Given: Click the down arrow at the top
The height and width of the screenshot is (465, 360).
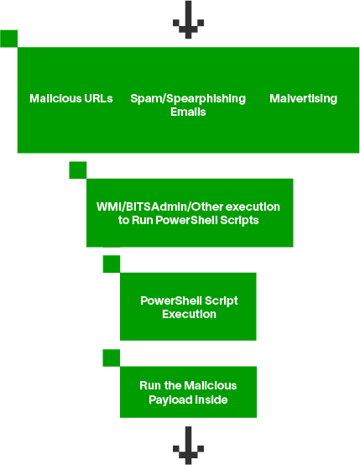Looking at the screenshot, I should pos(188,20).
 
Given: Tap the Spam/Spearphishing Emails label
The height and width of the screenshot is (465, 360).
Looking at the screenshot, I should pos(188,105).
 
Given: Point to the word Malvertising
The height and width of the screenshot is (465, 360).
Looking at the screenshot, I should pos(303,98).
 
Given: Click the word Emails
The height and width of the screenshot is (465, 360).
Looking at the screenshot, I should pos(188,112).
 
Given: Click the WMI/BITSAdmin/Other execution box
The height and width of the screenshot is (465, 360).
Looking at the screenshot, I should pos(189,213).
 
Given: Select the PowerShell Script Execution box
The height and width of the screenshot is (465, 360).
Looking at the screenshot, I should pos(189,307).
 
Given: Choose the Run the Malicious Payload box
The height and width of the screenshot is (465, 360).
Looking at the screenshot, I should pos(189,392).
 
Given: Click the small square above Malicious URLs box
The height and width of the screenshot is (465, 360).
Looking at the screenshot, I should pos(9,39).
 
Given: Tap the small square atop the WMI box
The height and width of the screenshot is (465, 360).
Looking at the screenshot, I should pos(77,170).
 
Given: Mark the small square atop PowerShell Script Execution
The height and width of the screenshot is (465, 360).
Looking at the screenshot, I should pos(112,264).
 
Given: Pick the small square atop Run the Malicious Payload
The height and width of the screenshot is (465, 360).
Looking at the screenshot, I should pos(112,358).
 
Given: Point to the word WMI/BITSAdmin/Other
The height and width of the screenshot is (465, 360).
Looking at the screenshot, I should pos(166,206).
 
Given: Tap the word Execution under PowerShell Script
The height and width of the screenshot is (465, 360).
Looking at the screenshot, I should pos(189,314).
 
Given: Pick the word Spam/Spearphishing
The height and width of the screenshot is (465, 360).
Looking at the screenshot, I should pos(188,98).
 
